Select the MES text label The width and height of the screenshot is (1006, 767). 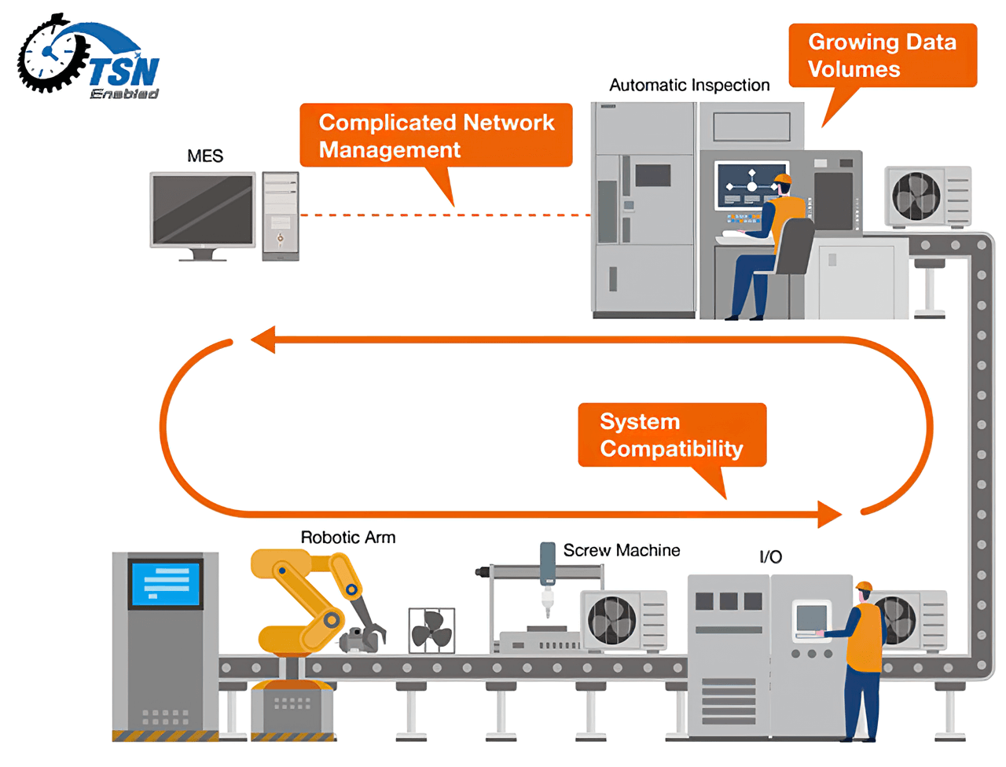click(x=205, y=156)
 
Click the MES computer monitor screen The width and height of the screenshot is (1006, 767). click(x=203, y=210)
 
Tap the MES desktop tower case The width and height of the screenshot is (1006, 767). click(x=280, y=216)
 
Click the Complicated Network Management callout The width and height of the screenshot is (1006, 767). click(x=435, y=136)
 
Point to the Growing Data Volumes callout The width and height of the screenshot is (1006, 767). click(x=882, y=55)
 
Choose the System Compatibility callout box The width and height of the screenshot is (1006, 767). click(x=671, y=435)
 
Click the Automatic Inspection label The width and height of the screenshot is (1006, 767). click(x=689, y=85)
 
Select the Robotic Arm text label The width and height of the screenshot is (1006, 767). click(x=348, y=538)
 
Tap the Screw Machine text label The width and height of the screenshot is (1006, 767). click(x=621, y=550)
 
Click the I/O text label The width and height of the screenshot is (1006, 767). click(x=770, y=557)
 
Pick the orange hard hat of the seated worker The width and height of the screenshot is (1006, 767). click(x=782, y=180)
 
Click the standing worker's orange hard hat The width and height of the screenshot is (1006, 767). click(x=865, y=586)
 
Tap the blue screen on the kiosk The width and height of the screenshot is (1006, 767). click(x=165, y=583)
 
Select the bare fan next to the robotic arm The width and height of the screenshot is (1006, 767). click(x=431, y=630)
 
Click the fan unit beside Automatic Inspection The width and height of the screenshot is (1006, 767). click(x=927, y=196)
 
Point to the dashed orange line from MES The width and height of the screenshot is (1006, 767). click(x=445, y=215)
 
